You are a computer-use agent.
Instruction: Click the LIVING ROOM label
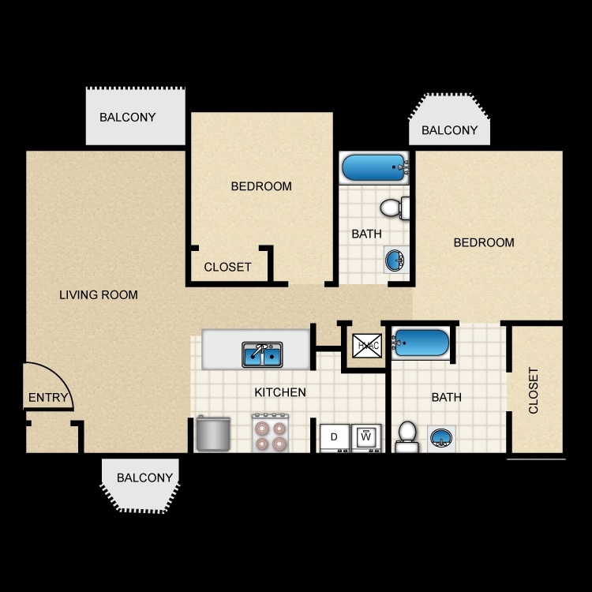(x=99, y=295)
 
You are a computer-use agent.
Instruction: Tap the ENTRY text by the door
(x=48, y=397)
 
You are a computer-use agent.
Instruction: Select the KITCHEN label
(x=279, y=392)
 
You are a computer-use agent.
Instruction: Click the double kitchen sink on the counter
(x=262, y=355)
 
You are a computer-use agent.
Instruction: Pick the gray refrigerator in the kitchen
(x=212, y=434)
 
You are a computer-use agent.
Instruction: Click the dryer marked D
(x=334, y=437)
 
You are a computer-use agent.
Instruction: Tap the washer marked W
(x=365, y=437)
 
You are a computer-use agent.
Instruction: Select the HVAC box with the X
(x=367, y=346)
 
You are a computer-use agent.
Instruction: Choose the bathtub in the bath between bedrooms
(x=374, y=168)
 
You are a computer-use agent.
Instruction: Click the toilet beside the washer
(x=407, y=437)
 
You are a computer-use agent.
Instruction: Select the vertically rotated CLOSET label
(x=534, y=390)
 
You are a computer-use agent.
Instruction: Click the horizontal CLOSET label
(x=227, y=267)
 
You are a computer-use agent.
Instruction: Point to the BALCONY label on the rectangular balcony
(x=127, y=117)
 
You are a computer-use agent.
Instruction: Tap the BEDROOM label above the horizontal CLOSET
(x=261, y=186)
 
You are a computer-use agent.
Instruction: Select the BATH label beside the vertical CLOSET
(x=446, y=397)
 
